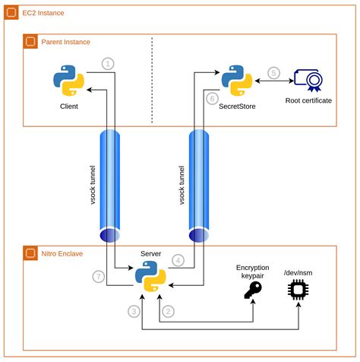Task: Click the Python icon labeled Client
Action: click(x=68, y=81)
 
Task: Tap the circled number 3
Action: click(x=133, y=311)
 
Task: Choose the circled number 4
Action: click(x=177, y=260)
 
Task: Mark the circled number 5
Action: click(x=273, y=73)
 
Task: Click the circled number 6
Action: click(x=213, y=98)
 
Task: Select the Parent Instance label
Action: click(x=67, y=42)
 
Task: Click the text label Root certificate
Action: click(x=308, y=100)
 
